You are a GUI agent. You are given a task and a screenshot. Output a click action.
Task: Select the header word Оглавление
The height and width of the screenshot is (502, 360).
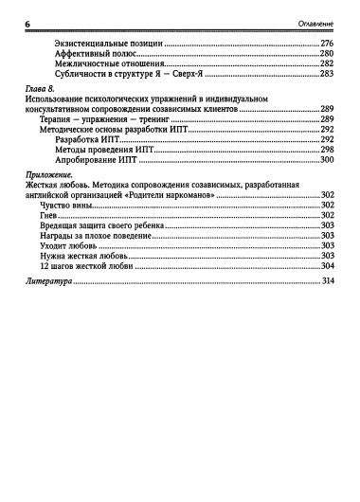pyautogui.click(x=322, y=24)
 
